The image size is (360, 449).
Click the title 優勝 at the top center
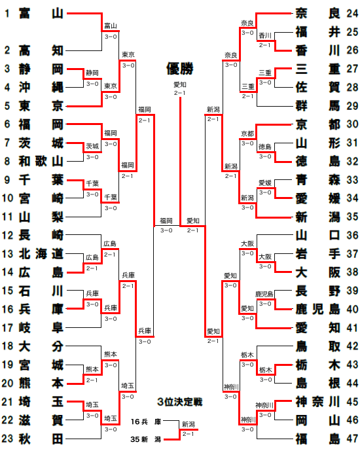coord(180,69)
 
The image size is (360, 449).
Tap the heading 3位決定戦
coord(180,402)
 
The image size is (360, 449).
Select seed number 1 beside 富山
coord(7,13)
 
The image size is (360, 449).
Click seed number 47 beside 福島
coord(352,439)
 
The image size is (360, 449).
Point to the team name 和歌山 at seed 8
coord(41,161)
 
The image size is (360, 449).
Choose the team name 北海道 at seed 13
coord(41,254)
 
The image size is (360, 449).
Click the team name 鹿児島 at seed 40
coord(317,309)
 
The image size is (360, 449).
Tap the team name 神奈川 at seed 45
coord(317,402)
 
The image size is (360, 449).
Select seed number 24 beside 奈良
coord(352,13)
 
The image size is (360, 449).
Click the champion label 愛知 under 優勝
coord(180,85)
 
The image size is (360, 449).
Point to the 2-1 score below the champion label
coord(180,93)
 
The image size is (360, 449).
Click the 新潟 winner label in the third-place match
coord(188,424)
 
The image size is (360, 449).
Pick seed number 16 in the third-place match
coord(135,422)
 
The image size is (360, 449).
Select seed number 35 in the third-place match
coord(135,439)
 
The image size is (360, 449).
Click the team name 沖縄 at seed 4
coord(41,87)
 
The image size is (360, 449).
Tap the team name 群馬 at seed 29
coord(317,105)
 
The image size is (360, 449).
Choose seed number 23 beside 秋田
coord(7,439)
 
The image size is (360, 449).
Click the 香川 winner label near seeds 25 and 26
coord(265,35)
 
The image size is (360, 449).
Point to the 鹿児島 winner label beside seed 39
coord(264,294)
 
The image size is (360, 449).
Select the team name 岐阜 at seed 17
coord(41,327)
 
